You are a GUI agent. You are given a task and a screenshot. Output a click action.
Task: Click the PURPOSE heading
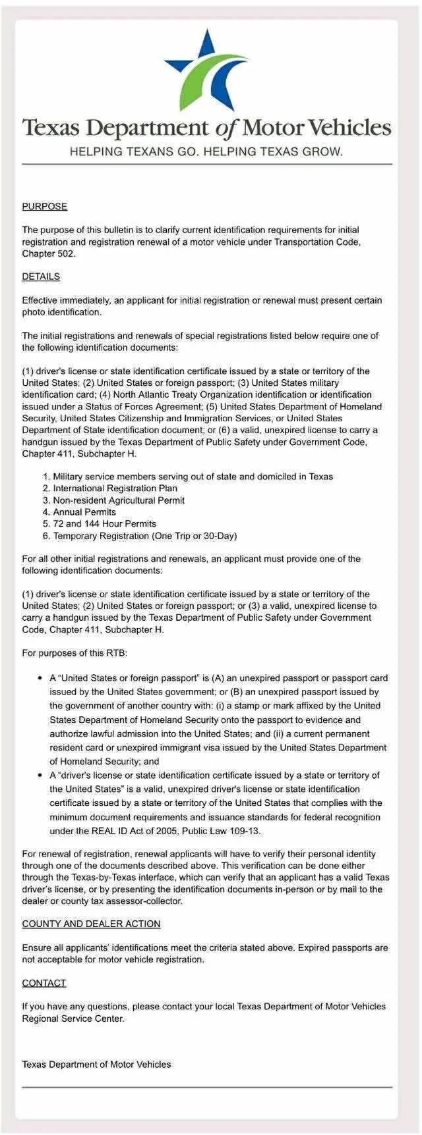pos(45,206)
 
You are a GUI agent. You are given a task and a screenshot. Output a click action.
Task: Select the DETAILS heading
pos(41,277)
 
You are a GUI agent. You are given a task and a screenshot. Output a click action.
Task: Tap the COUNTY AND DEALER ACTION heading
pos(91,924)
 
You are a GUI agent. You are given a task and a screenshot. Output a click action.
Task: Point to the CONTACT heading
pos(44,983)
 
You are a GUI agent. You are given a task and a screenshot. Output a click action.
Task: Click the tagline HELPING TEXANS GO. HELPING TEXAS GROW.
pos(206,152)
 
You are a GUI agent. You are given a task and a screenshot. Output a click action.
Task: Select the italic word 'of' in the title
pos(225,128)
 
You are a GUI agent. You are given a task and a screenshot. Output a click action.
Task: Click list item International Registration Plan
pos(115,488)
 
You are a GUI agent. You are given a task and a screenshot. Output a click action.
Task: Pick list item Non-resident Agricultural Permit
pos(119,500)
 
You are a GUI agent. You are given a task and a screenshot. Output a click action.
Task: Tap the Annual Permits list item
pos(84,512)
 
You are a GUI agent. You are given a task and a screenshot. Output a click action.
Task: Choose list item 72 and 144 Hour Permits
pos(104,524)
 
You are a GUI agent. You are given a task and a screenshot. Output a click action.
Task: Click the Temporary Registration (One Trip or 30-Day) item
pos(144,536)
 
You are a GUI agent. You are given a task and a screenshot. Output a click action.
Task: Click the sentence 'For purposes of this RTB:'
pos(75,653)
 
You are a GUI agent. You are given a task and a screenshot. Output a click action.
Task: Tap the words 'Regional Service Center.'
pos(73,1018)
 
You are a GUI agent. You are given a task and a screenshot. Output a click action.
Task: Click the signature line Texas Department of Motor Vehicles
pos(96,1065)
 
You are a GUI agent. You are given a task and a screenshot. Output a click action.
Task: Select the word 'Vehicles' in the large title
pos(349,128)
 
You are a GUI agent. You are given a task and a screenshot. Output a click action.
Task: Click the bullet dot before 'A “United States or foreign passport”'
pos(40,678)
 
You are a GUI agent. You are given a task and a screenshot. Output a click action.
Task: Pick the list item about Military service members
pos(193,477)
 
